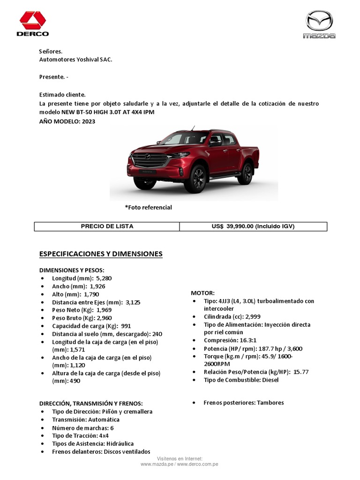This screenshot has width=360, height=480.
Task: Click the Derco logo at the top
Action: tap(33, 24)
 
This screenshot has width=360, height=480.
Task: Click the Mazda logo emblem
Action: tap(319, 22)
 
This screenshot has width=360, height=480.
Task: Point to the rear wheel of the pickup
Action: tap(246, 173)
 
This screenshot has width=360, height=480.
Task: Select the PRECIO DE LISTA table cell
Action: tap(107, 226)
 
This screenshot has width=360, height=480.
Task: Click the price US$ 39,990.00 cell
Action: tap(253, 226)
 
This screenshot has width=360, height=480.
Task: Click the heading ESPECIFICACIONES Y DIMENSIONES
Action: tap(101, 254)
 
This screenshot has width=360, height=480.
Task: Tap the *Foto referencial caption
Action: tap(148, 207)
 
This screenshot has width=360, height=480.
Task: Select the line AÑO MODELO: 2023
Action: tap(67, 121)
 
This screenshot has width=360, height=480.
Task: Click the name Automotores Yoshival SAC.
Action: tap(75, 60)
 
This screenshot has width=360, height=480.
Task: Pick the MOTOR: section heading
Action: tap(202, 292)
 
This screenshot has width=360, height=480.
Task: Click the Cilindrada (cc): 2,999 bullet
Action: tap(232, 316)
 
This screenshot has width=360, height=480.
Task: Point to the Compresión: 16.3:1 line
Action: tap(229, 341)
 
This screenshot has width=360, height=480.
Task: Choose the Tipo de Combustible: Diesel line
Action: tap(241, 380)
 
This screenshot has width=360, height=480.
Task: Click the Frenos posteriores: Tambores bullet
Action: tap(243, 403)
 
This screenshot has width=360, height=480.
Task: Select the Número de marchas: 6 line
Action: tap(82, 428)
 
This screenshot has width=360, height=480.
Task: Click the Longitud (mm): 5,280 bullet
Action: tap(82, 278)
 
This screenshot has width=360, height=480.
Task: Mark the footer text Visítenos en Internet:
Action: tap(180, 458)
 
